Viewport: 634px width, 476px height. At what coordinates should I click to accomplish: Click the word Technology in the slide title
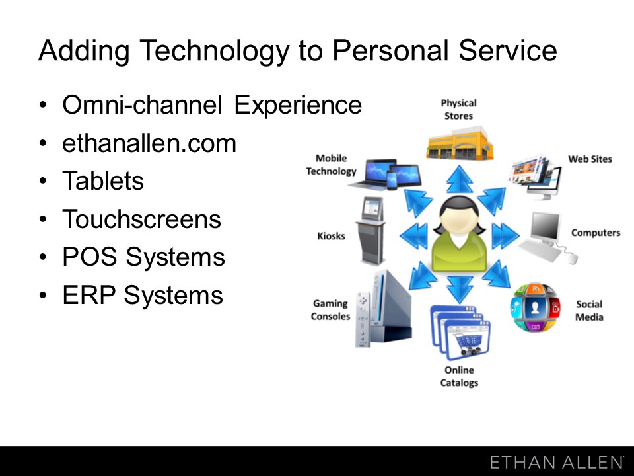click(215, 51)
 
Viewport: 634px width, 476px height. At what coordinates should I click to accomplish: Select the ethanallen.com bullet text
click(149, 143)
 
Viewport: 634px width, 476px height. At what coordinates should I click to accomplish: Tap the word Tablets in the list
click(103, 180)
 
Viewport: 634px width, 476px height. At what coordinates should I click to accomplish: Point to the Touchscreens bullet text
click(141, 219)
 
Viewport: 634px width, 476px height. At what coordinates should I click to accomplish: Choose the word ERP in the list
click(88, 295)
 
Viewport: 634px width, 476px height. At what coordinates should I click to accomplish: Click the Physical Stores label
click(458, 109)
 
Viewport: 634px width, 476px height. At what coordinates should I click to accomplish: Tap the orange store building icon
click(460, 143)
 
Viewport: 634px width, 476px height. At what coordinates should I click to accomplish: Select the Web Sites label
click(590, 159)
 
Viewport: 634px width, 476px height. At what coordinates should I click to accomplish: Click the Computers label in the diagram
click(596, 233)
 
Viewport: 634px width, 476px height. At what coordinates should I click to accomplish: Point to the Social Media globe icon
click(535, 307)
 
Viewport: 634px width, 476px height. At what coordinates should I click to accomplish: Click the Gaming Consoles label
click(330, 309)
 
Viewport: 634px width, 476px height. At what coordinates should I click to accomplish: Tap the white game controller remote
click(363, 319)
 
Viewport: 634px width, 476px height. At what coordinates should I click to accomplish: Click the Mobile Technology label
click(331, 165)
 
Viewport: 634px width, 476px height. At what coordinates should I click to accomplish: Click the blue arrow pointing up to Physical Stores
click(460, 179)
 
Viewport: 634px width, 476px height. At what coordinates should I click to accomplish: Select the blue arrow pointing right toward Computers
click(505, 235)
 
